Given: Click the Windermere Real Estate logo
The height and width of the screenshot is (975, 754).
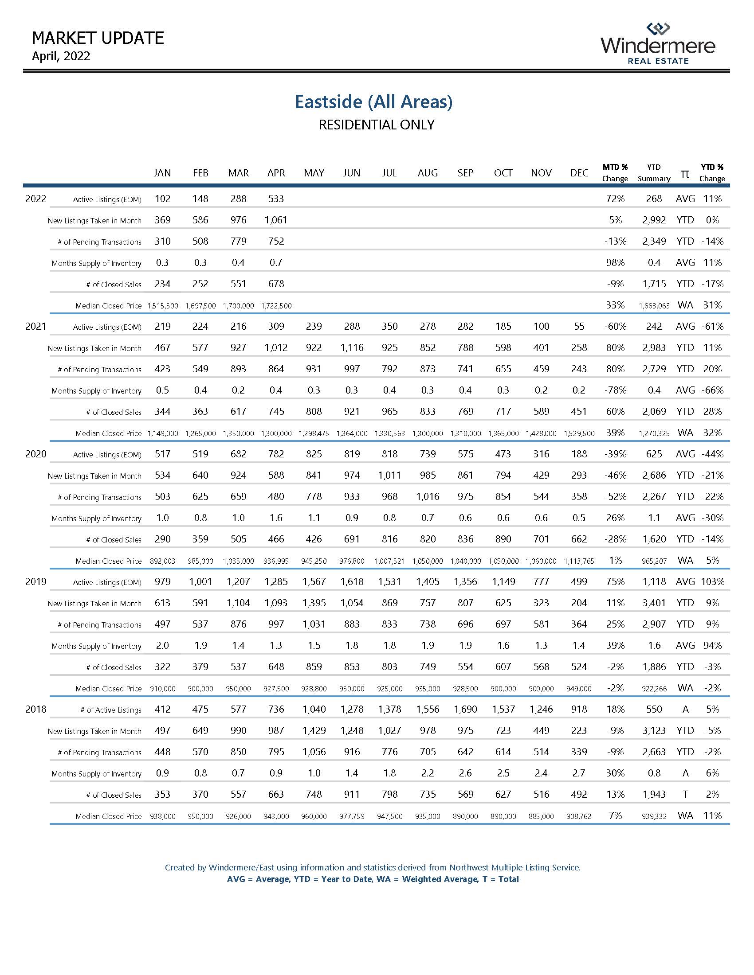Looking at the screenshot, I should click(657, 44).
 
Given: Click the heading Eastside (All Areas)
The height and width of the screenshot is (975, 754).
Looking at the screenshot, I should click(373, 102).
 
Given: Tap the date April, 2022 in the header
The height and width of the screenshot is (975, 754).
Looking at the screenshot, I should click(61, 56).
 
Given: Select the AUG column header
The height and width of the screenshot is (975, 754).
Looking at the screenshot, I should click(428, 173).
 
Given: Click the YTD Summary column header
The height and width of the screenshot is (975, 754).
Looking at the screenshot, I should click(653, 173).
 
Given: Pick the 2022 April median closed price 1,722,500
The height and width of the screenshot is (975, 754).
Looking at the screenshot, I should click(276, 306).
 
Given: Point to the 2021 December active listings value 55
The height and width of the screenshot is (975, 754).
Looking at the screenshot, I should click(579, 326).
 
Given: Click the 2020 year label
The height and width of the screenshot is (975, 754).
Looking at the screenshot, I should click(36, 454).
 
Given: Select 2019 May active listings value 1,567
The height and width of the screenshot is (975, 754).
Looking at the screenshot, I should click(314, 582).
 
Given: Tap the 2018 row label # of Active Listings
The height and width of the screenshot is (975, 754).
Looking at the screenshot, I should click(111, 710).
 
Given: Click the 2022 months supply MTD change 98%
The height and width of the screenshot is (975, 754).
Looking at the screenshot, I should click(615, 262).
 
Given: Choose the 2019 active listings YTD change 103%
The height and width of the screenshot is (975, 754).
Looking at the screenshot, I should click(712, 582).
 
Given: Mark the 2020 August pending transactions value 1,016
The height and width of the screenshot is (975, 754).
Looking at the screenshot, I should click(428, 496).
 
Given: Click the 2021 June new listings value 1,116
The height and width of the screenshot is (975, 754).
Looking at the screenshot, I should click(352, 348).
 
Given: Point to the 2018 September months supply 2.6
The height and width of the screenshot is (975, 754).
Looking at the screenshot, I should click(465, 773).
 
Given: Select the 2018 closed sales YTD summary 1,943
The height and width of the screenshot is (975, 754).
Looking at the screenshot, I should click(654, 794).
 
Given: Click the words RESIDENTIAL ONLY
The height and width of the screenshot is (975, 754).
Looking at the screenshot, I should click(376, 125).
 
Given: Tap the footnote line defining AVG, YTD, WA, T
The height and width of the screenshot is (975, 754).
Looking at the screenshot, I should click(373, 879).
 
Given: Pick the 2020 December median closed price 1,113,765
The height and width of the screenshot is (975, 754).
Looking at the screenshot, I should click(579, 561).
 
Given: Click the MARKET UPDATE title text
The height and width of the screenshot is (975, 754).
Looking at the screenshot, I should click(98, 39).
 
